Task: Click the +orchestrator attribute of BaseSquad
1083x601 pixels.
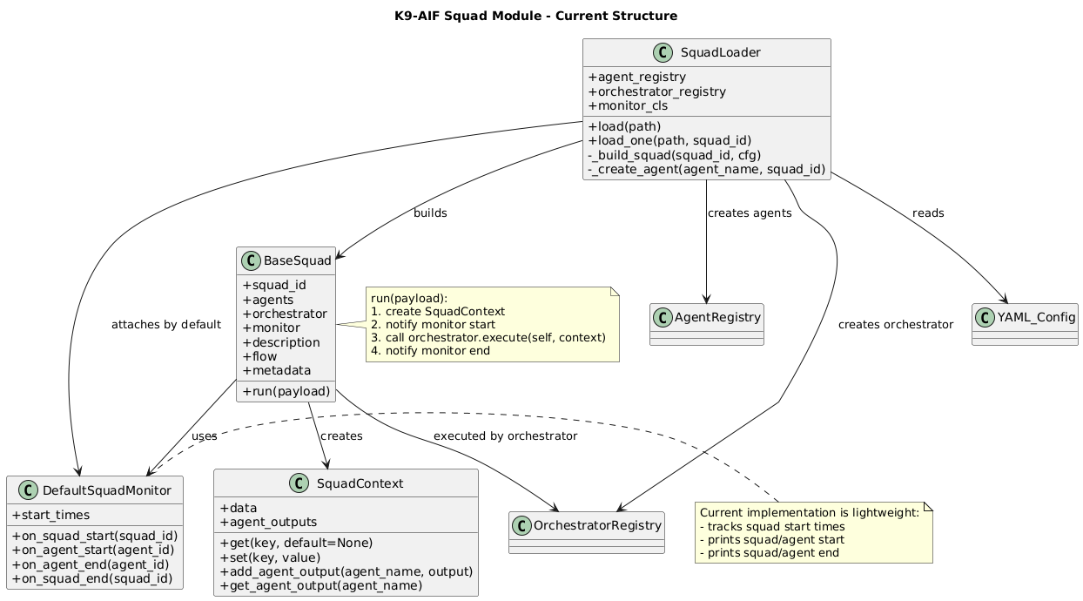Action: (285, 314)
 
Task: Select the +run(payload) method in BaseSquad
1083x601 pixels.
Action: (285, 390)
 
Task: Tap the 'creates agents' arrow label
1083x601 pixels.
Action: (750, 213)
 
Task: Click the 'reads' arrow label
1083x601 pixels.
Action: (928, 213)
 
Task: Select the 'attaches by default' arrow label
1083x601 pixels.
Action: (166, 325)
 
